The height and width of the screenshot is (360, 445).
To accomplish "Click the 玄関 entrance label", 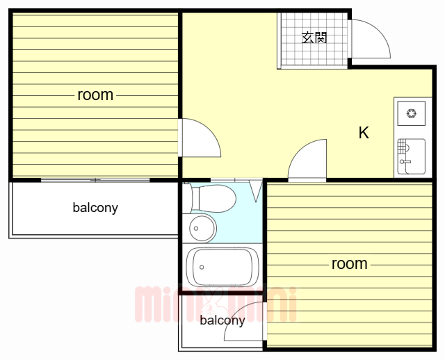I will [314, 38].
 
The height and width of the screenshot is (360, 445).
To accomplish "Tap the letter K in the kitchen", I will [363, 133].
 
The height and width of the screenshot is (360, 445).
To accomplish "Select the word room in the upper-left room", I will [95, 95].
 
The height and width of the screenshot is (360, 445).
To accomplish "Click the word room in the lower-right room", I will [349, 263].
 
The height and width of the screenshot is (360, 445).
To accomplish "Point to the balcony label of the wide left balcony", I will [95, 207].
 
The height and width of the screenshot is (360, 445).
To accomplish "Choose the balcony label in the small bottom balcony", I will [222, 320].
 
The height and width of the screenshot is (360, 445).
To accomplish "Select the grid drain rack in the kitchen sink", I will [403, 147].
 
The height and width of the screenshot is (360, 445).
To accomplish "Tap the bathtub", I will [222, 267].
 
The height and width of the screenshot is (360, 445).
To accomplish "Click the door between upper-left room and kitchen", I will [198, 139].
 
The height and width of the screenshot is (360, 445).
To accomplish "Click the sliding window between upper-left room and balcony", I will [95, 181].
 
